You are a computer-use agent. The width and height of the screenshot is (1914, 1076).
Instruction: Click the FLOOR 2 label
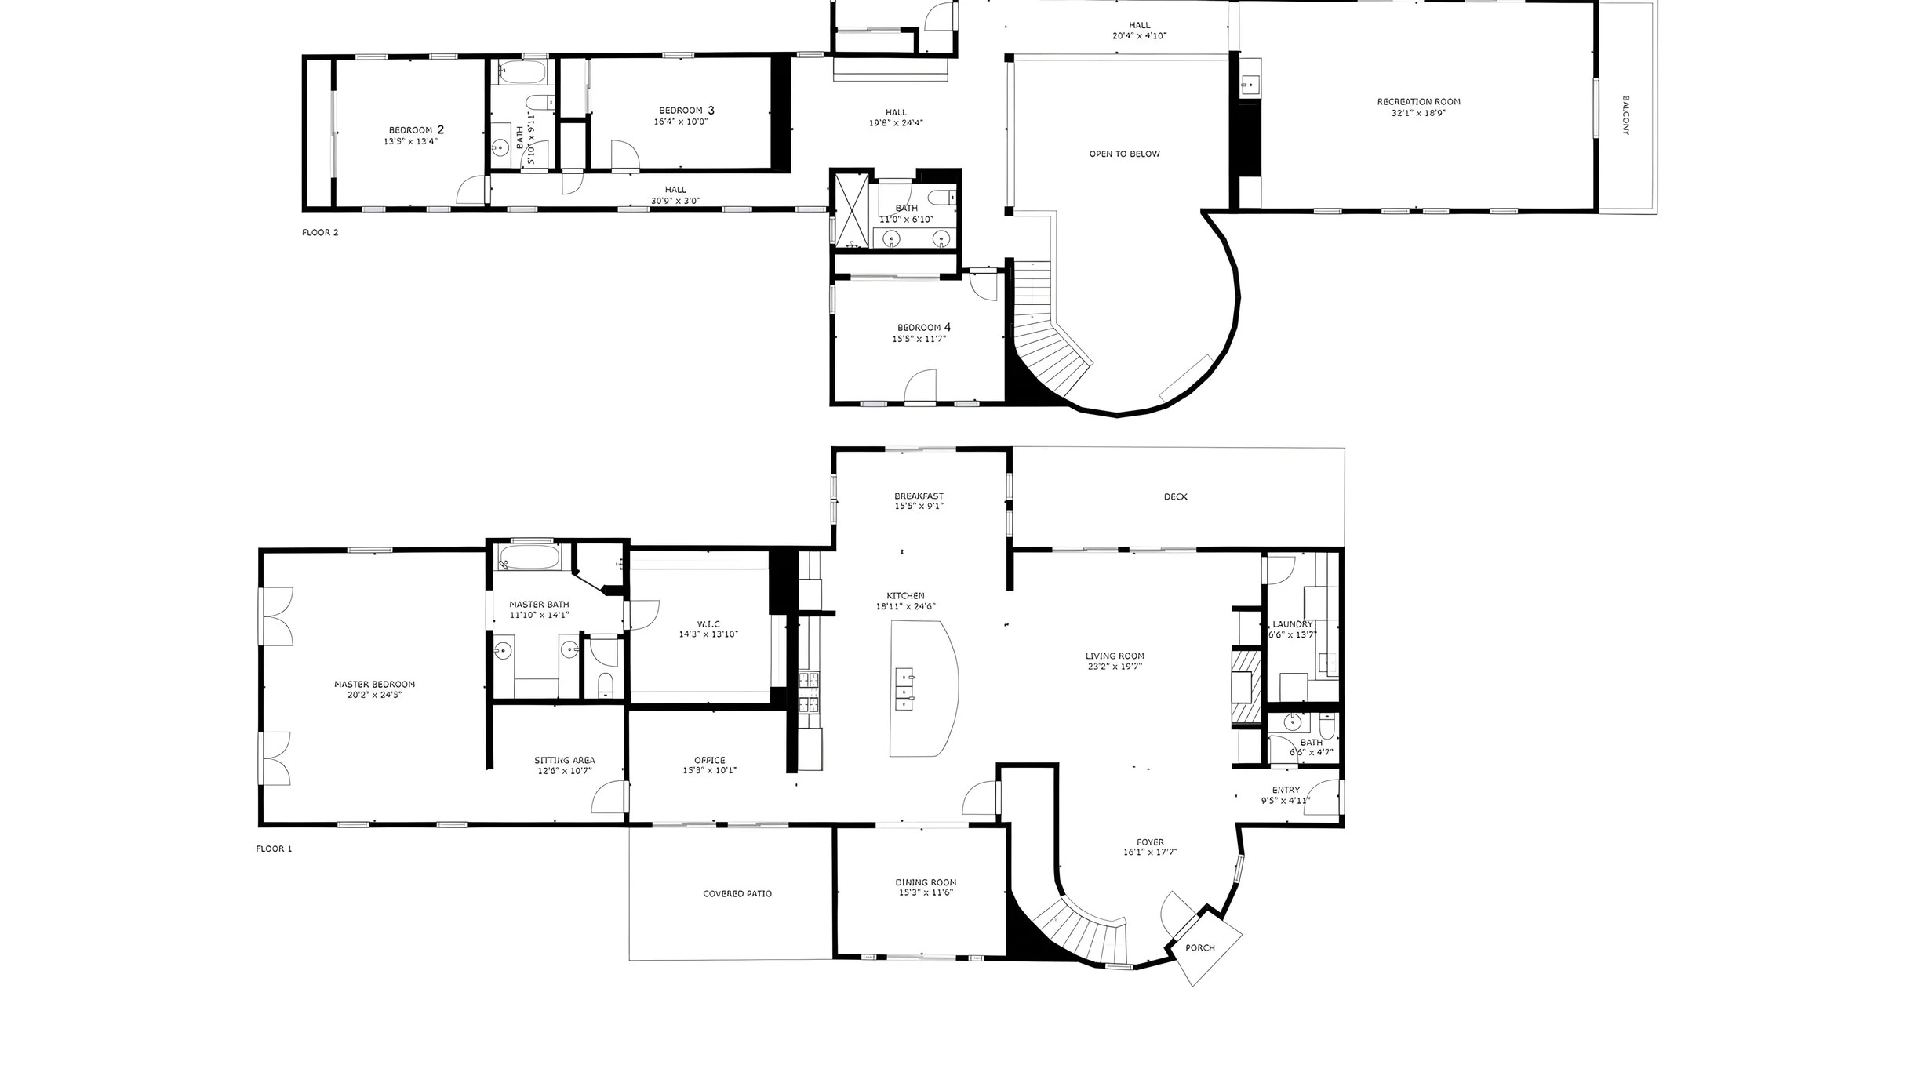coord(320,232)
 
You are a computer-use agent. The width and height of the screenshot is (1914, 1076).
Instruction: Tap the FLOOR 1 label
coord(274,849)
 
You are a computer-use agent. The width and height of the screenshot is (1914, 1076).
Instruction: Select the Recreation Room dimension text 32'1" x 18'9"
coord(1418,113)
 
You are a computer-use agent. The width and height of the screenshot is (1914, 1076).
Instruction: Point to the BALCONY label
coord(1625,115)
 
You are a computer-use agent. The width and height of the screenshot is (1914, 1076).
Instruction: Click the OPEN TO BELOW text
coord(1124,154)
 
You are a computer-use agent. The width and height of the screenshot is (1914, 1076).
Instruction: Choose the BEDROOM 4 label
coord(924,327)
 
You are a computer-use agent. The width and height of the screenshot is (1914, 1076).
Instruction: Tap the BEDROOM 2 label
coord(417,130)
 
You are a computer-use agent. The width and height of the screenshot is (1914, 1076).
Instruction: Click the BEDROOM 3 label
coord(686,111)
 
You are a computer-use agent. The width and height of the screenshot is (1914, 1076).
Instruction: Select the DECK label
coord(1175,496)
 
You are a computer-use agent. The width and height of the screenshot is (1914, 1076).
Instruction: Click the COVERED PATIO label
coord(737,893)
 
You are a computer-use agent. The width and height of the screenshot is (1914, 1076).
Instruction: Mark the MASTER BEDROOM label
coord(374,684)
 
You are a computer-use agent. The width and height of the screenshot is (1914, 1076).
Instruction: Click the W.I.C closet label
coord(708,624)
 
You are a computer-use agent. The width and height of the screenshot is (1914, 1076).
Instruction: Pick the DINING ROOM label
coord(926,882)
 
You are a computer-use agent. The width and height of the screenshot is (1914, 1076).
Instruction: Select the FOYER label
coord(1150,842)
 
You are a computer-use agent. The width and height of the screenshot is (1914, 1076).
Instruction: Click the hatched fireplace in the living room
coord(1245,686)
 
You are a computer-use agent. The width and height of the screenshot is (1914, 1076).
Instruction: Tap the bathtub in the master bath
coord(529,558)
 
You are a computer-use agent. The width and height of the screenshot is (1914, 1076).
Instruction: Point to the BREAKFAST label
coord(919,496)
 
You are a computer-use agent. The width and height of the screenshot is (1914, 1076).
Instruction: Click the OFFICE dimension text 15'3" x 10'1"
coord(709,770)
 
